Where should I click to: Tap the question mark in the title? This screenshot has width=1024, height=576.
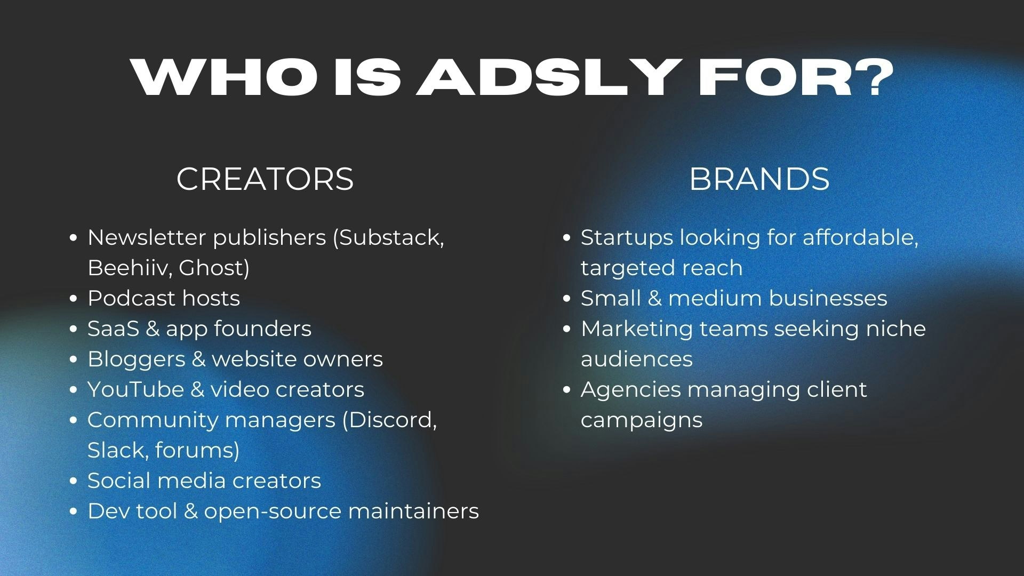pyautogui.click(x=873, y=77)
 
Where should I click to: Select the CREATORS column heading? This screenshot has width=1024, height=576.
pyautogui.click(x=265, y=179)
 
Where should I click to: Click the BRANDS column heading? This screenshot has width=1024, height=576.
pyautogui.click(x=759, y=179)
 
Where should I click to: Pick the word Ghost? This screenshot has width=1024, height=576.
pyautogui.click(x=213, y=268)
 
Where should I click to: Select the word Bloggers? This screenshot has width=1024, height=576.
pyautogui.click(x=136, y=359)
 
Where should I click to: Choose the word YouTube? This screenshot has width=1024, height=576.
pyautogui.click(x=135, y=389)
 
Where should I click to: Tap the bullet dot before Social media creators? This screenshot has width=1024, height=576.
pyautogui.click(x=74, y=481)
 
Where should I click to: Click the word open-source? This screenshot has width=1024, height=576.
pyautogui.click(x=273, y=511)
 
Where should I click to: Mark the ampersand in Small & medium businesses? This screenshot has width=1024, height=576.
pyautogui.click(x=654, y=298)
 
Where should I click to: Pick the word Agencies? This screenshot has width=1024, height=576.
pyautogui.click(x=630, y=389)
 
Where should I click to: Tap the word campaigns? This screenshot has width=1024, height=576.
pyautogui.click(x=642, y=420)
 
